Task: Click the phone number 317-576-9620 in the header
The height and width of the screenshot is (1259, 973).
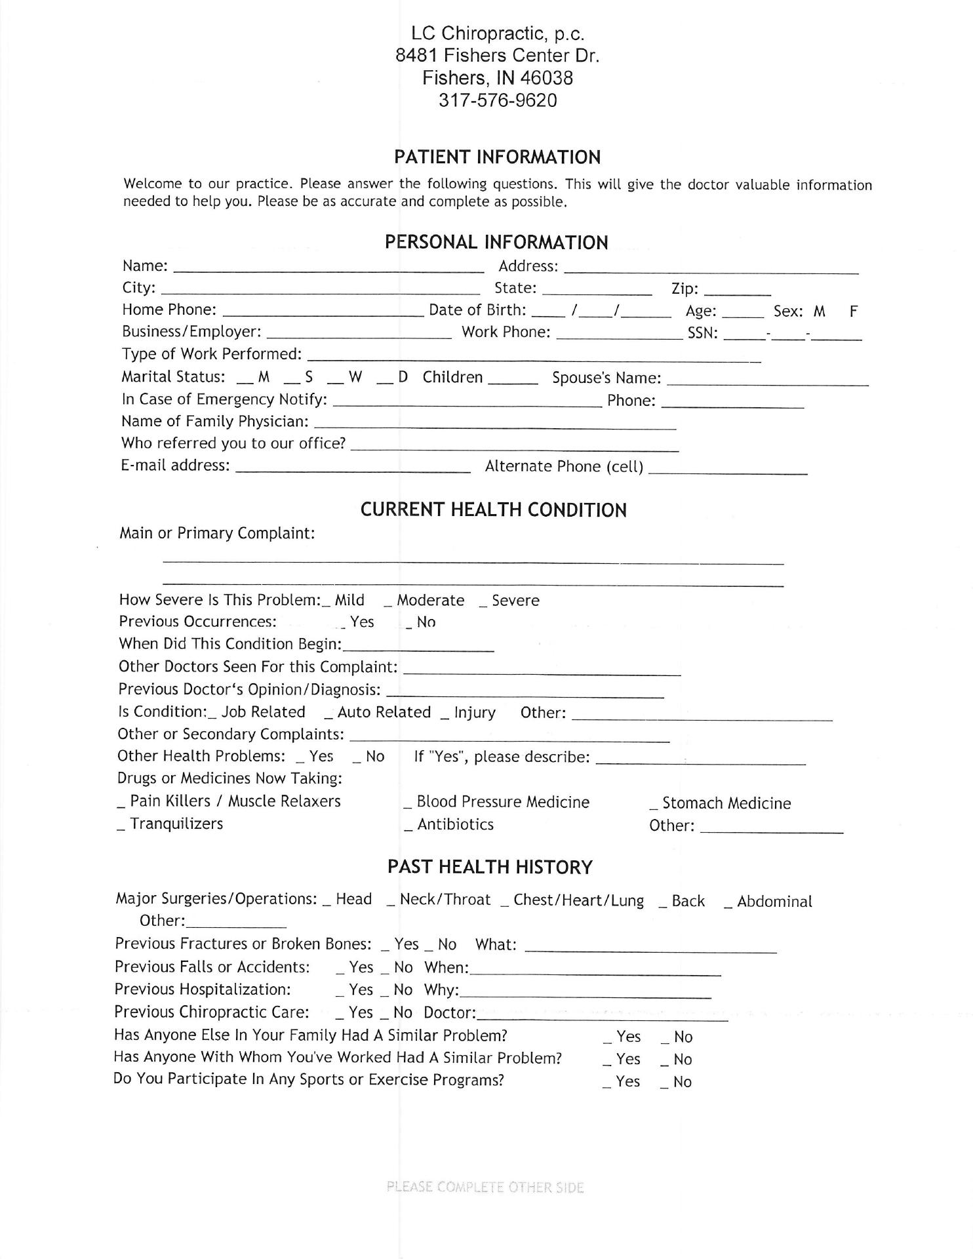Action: [x=498, y=101]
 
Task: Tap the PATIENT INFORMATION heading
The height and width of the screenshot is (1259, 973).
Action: [x=497, y=157]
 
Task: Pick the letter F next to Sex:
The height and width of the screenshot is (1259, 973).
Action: [x=853, y=312]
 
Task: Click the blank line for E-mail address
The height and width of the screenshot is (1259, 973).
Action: [x=352, y=468]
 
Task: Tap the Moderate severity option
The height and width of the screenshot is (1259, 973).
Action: [x=425, y=601]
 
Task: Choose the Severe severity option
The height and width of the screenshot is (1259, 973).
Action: [x=509, y=601]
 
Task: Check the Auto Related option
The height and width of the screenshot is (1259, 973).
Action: [x=378, y=713]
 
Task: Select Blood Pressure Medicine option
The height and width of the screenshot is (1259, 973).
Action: [x=497, y=803]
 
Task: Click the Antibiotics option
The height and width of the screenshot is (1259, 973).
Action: [x=449, y=825]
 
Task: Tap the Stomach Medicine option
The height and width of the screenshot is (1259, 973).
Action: [x=721, y=804]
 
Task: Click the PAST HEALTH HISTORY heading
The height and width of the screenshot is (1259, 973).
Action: [x=490, y=868]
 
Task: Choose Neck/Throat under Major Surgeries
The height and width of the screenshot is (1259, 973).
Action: [x=439, y=900]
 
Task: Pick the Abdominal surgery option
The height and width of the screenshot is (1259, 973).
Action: [x=768, y=902]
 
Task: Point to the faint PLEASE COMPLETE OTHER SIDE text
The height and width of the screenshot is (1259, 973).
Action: [x=485, y=1188]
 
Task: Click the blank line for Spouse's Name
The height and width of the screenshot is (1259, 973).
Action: [x=767, y=381]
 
